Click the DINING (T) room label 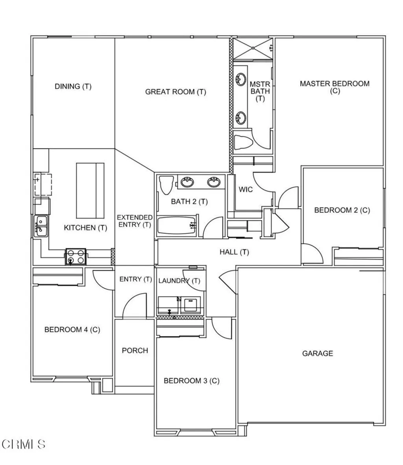tap(73, 86)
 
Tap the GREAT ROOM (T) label tap(176, 92)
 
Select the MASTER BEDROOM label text tap(335, 83)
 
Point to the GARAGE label tap(317, 353)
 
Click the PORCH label tap(135, 350)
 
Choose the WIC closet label tap(246, 189)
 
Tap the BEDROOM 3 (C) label tap(191, 380)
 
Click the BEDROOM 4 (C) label tap(72, 329)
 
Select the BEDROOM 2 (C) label tap(342, 210)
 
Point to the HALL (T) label tap(234, 252)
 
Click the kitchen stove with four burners tap(76, 256)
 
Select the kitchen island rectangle tap(90, 190)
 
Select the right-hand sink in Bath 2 tap(214, 182)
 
